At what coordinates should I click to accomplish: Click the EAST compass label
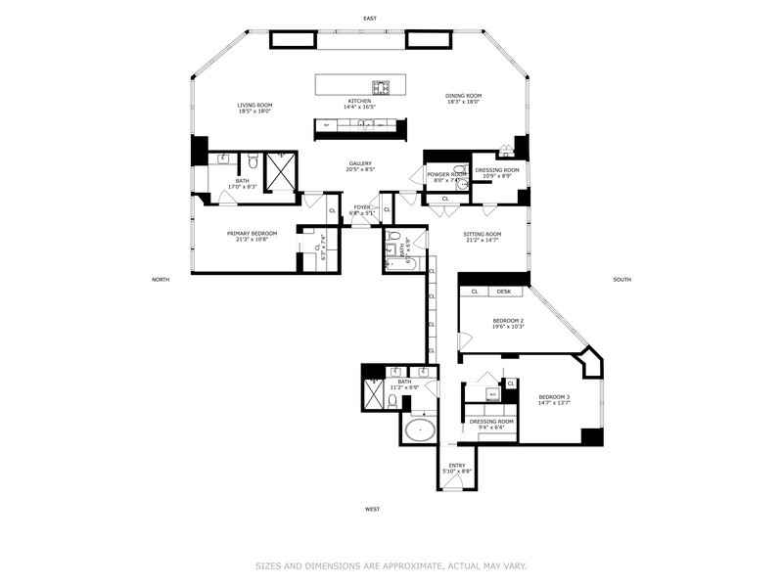pyautogui.click(x=369, y=19)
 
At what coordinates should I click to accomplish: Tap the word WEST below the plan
pyautogui.click(x=372, y=509)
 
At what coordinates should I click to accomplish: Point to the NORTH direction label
pyautogui.click(x=161, y=280)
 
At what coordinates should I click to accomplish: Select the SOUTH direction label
pyautogui.click(x=622, y=280)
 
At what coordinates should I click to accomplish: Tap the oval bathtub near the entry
pyautogui.click(x=422, y=429)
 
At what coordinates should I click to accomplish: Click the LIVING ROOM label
pyautogui.click(x=253, y=105)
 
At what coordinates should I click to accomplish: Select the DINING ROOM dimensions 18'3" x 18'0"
pyautogui.click(x=464, y=102)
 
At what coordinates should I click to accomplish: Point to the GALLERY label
pyautogui.click(x=360, y=163)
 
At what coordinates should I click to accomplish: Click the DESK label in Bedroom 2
pyautogui.click(x=503, y=291)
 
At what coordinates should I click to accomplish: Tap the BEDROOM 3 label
pyautogui.click(x=554, y=396)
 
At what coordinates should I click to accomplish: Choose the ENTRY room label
pyautogui.click(x=457, y=466)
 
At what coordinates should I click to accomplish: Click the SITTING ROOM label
pyautogui.click(x=481, y=234)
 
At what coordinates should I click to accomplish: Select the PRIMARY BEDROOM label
pyautogui.click(x=252, y=233)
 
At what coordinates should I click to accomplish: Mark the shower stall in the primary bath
pyautogui.click(x=280, y=172)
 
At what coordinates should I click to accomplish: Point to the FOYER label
pyautogui.click(x=362, y=206)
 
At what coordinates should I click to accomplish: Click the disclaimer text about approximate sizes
pyautogui.click(x=391, y=564)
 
